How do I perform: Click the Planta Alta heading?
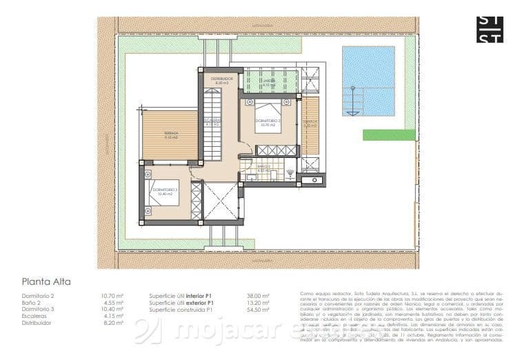[x=46, y=281]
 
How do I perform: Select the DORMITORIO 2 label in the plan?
[x=268, y=122]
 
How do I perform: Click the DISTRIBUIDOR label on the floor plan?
[x=222, y=81]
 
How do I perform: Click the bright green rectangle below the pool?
[x=389, y=134]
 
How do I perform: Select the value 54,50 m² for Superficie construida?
[x=258, y=310]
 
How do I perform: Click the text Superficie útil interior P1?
[x=181, y=296]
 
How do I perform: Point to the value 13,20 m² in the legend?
[x=258, y=303]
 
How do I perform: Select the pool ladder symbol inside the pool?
[x=354, y=101]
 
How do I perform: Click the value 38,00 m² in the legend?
[x=258, y=296]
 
